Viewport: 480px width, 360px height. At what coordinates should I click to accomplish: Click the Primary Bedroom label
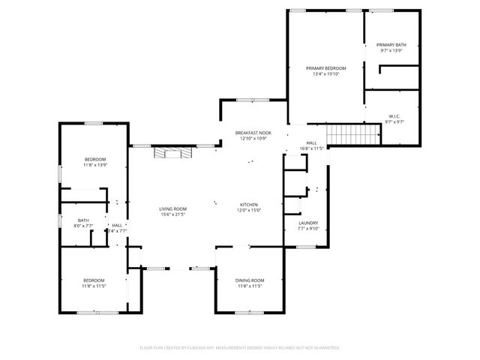(x=325, y=68)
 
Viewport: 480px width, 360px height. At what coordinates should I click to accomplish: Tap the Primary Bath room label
(x=391, y=45)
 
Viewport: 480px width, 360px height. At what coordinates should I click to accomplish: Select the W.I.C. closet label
(x=394, y=116)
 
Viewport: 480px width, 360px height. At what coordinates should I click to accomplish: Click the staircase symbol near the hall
(x=345, y=136)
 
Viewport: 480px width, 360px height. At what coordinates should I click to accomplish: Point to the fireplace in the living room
(x=172, y=152)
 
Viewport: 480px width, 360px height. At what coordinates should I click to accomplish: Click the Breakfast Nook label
(x=253, y=133)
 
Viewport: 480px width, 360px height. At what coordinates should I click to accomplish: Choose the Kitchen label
(x=249, y=205)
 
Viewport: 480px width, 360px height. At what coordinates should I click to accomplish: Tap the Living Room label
(x=172, y=208)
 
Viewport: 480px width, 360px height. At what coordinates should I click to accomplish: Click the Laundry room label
(x=308, y=223)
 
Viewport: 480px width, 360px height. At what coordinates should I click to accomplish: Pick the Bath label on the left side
(x=83, y=220)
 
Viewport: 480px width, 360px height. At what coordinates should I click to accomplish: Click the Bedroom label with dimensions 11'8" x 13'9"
(x=94, y=159)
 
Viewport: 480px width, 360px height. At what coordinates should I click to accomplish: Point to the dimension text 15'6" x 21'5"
(x=172, y=214)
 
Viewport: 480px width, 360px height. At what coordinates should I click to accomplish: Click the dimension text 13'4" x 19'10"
(x=325, y=74)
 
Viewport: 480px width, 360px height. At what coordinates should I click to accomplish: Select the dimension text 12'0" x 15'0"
(x=249, y=211)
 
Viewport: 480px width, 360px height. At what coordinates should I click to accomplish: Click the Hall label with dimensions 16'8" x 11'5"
(x=311, y=142)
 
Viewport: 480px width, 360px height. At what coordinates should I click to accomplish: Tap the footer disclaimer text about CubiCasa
(x=240, y=348)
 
